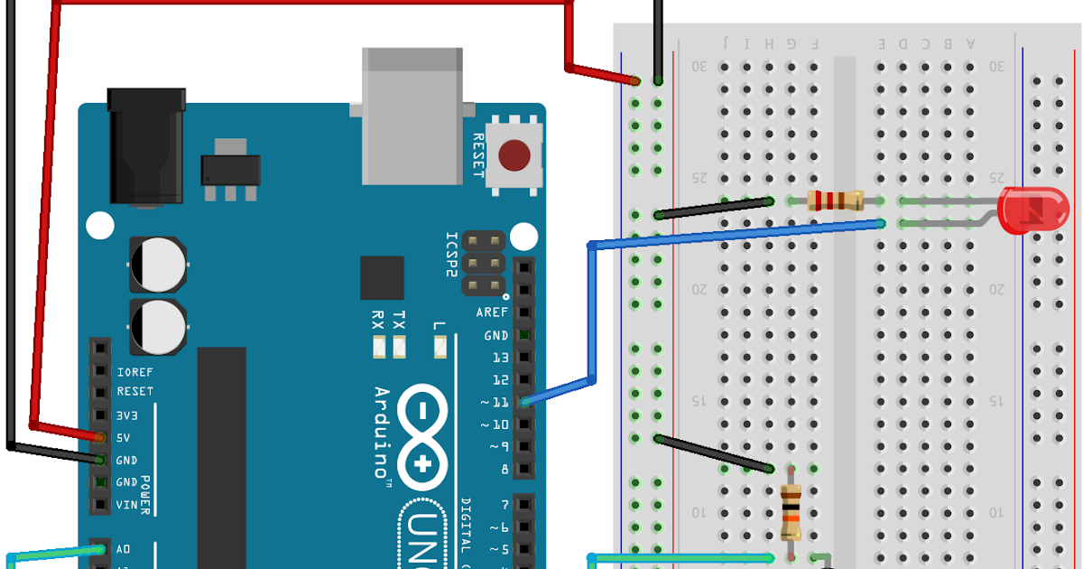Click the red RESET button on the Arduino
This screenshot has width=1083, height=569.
[514, 155]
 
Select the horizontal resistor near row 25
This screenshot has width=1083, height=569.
[835, 201]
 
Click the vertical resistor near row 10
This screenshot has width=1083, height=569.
[791, 511]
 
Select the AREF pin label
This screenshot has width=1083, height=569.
[493, 312]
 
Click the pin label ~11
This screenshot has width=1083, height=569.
[495, 402]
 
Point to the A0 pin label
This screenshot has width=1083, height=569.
[124, 548]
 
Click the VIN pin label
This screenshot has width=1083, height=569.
[127, 504]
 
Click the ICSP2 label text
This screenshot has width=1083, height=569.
[452, 257]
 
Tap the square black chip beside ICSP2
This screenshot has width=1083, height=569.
[382, 277]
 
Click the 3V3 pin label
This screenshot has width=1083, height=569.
[127, 415]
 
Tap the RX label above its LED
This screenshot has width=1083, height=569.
[378, 321]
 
